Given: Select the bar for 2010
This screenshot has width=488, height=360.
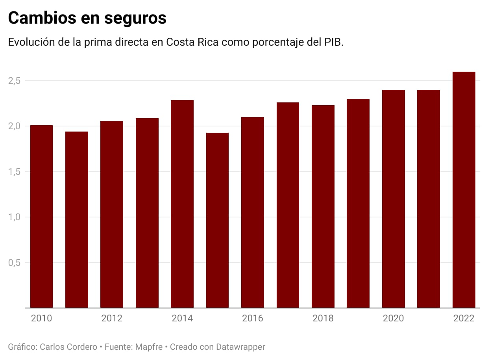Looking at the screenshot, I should [x=41, y=217].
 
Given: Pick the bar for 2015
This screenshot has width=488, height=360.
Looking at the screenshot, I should [x=217, y=220].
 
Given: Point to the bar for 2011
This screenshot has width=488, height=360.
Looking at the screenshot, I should [x=77, y=220].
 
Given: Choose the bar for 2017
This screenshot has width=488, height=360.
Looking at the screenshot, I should [x=288, y=205].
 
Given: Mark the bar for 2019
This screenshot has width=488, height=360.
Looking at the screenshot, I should [x=358, y=203].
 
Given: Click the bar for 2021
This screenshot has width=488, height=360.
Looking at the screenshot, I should [x=429, y=199].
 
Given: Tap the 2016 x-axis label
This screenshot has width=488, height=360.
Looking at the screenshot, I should [x=253, y=318].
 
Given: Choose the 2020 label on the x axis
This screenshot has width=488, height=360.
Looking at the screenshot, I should [x=393, y=318].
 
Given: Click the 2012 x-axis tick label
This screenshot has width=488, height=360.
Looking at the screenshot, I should [x=112, y=318].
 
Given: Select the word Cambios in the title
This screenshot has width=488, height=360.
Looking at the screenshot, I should [x=43, y=19].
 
